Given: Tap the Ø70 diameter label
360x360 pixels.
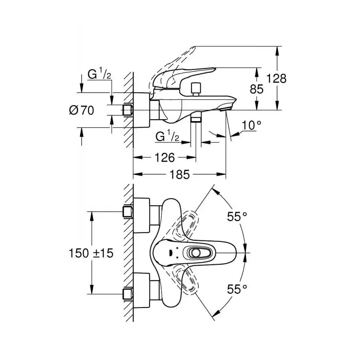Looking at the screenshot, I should pos(82,110).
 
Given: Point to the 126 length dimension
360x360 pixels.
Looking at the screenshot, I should pos(164,158).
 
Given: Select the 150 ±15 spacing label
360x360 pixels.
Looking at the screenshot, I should pos(92,253).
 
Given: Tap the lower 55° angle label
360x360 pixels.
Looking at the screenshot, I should pos(238,289).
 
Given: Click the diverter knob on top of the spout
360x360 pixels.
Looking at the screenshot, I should pos(196,89).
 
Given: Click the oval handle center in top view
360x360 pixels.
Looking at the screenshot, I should pos(196,253).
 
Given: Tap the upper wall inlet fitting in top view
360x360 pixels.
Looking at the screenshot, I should pos(128,211).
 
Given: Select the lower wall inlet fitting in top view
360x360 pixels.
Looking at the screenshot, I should pos(128,294).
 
